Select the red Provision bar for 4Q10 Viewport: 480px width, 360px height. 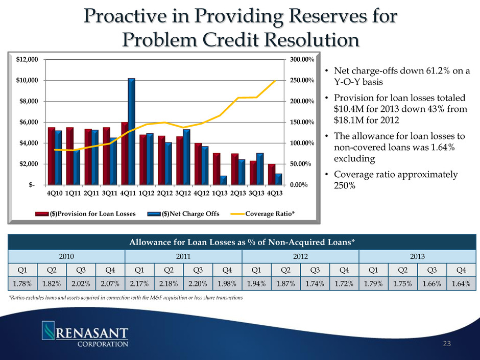tap(51, 156)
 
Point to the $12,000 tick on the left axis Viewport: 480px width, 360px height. tap(28, 60)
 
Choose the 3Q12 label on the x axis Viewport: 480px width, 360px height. tap(183, 193)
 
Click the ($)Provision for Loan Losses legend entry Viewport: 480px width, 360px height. tap(93, 214)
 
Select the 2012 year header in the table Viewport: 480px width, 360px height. tap(301, 254)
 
